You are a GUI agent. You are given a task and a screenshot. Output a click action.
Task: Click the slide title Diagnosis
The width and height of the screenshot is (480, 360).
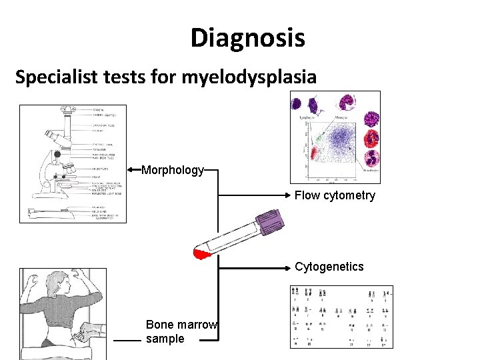pyautogui.click(x=247, y=38)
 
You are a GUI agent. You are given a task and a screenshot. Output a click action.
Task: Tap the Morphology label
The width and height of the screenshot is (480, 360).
pyautogui.click(x=173, y=170)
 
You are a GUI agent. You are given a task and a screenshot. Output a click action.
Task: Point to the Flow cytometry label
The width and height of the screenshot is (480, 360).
pyautogui.click(x=335, y=195)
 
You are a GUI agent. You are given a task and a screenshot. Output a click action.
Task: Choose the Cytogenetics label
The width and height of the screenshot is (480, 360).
pyautogui.click(x=329, y=267)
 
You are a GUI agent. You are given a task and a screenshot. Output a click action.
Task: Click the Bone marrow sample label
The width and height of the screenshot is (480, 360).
pyautogui.click(x=181, y=331)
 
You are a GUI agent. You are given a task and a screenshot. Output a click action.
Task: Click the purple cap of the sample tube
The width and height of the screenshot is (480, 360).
pyautogui.click(x=270, y=222)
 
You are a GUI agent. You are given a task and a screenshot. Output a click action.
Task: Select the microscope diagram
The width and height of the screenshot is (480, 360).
pyautogui.click(x=73, y=163)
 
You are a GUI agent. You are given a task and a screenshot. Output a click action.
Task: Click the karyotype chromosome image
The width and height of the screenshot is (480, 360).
pyautogui.click(x=341, y=317)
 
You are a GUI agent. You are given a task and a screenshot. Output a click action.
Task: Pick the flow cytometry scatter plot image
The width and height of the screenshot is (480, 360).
pyautogui.click(x=335, y=137)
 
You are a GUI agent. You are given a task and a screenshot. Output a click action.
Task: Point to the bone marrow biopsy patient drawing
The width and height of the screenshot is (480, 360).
pyautogui.click(x=63, y=313)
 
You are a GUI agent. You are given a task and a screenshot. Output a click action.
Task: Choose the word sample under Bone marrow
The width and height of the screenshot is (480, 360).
pyautogui.click(x=165, y=339)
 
